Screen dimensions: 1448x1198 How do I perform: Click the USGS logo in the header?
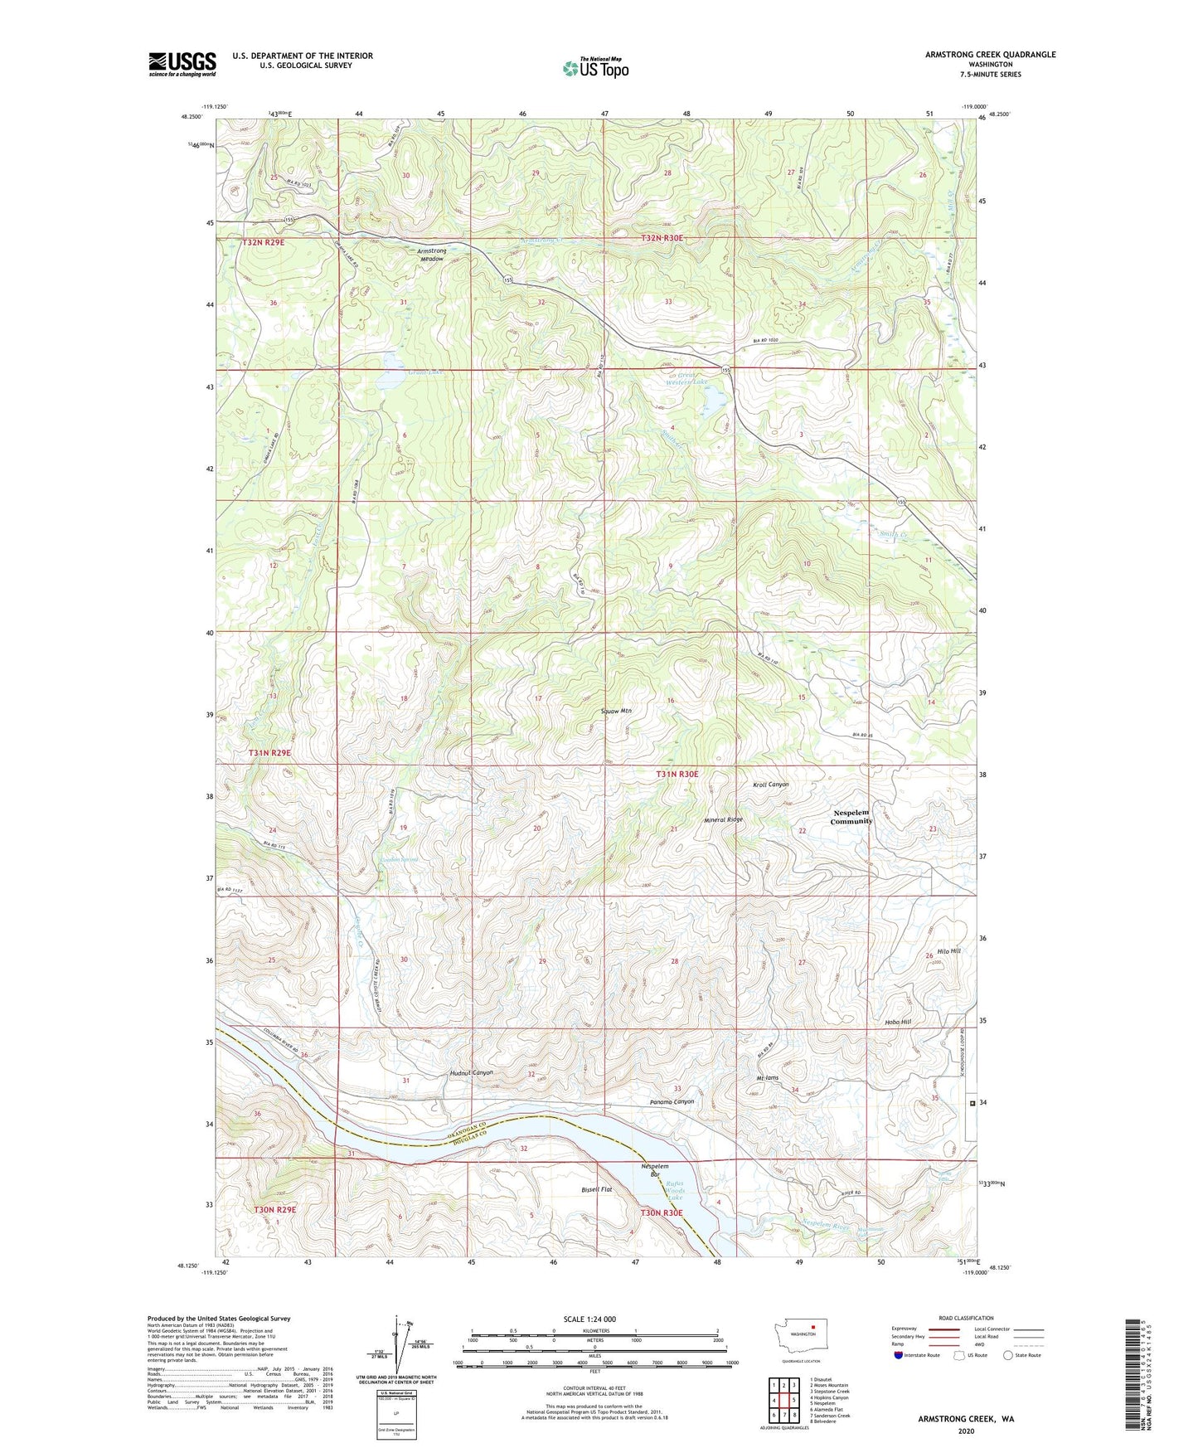182,64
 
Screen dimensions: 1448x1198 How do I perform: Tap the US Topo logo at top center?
595,67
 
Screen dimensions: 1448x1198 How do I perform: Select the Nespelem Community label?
851,817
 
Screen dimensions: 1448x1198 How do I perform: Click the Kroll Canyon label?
770,785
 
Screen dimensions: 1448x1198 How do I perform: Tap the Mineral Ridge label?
723,819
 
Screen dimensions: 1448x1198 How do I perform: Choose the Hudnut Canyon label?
472,1072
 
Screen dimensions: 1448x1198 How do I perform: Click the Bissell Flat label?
596,1190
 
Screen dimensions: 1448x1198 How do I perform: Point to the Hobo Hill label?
898,1023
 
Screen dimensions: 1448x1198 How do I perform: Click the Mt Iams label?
767,1078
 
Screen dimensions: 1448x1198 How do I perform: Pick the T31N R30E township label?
677,774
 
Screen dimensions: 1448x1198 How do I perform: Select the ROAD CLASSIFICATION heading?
966,1318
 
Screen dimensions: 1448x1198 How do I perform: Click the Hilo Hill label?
948,951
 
